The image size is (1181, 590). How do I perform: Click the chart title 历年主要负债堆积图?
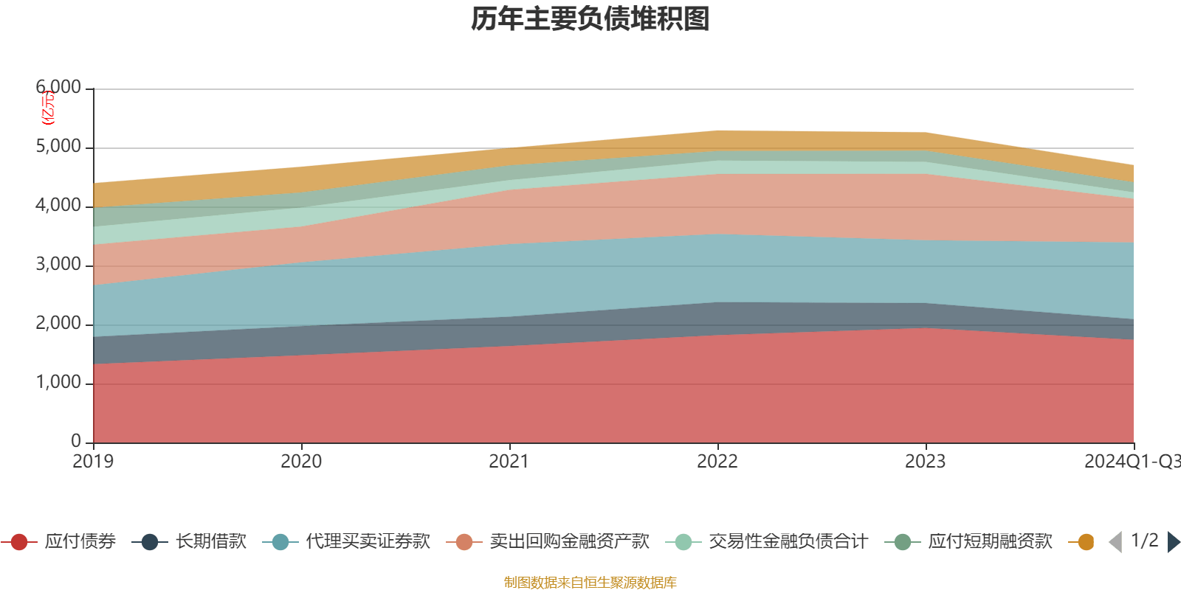pyautogui.click(x=590, y=19)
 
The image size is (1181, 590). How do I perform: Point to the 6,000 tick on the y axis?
pyautogui.click(x=58, y=88)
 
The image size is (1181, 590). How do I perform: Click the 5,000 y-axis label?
pyautogui.click(x=58, y=147)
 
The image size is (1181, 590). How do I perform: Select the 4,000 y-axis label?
pyautogui.click(x=58, y=206)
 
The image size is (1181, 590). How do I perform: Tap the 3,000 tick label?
pyautogui.click(x=58, y=265)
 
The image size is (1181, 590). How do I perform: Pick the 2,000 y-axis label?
pyautogui.click(x=58, y=324)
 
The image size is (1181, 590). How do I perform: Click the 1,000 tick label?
pyautogui.click(x=58, y=383)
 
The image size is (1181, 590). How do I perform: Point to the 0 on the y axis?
pyautogui.click(x=76, y=441)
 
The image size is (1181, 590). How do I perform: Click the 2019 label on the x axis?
pyautogui.click(x=93, y=462)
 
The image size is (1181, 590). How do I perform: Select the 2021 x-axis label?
pyautogui.click(x=509, y=462)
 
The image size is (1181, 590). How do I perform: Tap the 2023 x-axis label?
pyautogui.click(x=926, y=462)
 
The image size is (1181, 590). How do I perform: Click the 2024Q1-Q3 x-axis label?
pyautogui.click(x=1131, y=462)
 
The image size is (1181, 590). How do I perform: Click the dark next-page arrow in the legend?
pyautogui.click(x=1174, y=542)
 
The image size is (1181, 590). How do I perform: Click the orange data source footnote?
pyautogui.click(x=590, y=583)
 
